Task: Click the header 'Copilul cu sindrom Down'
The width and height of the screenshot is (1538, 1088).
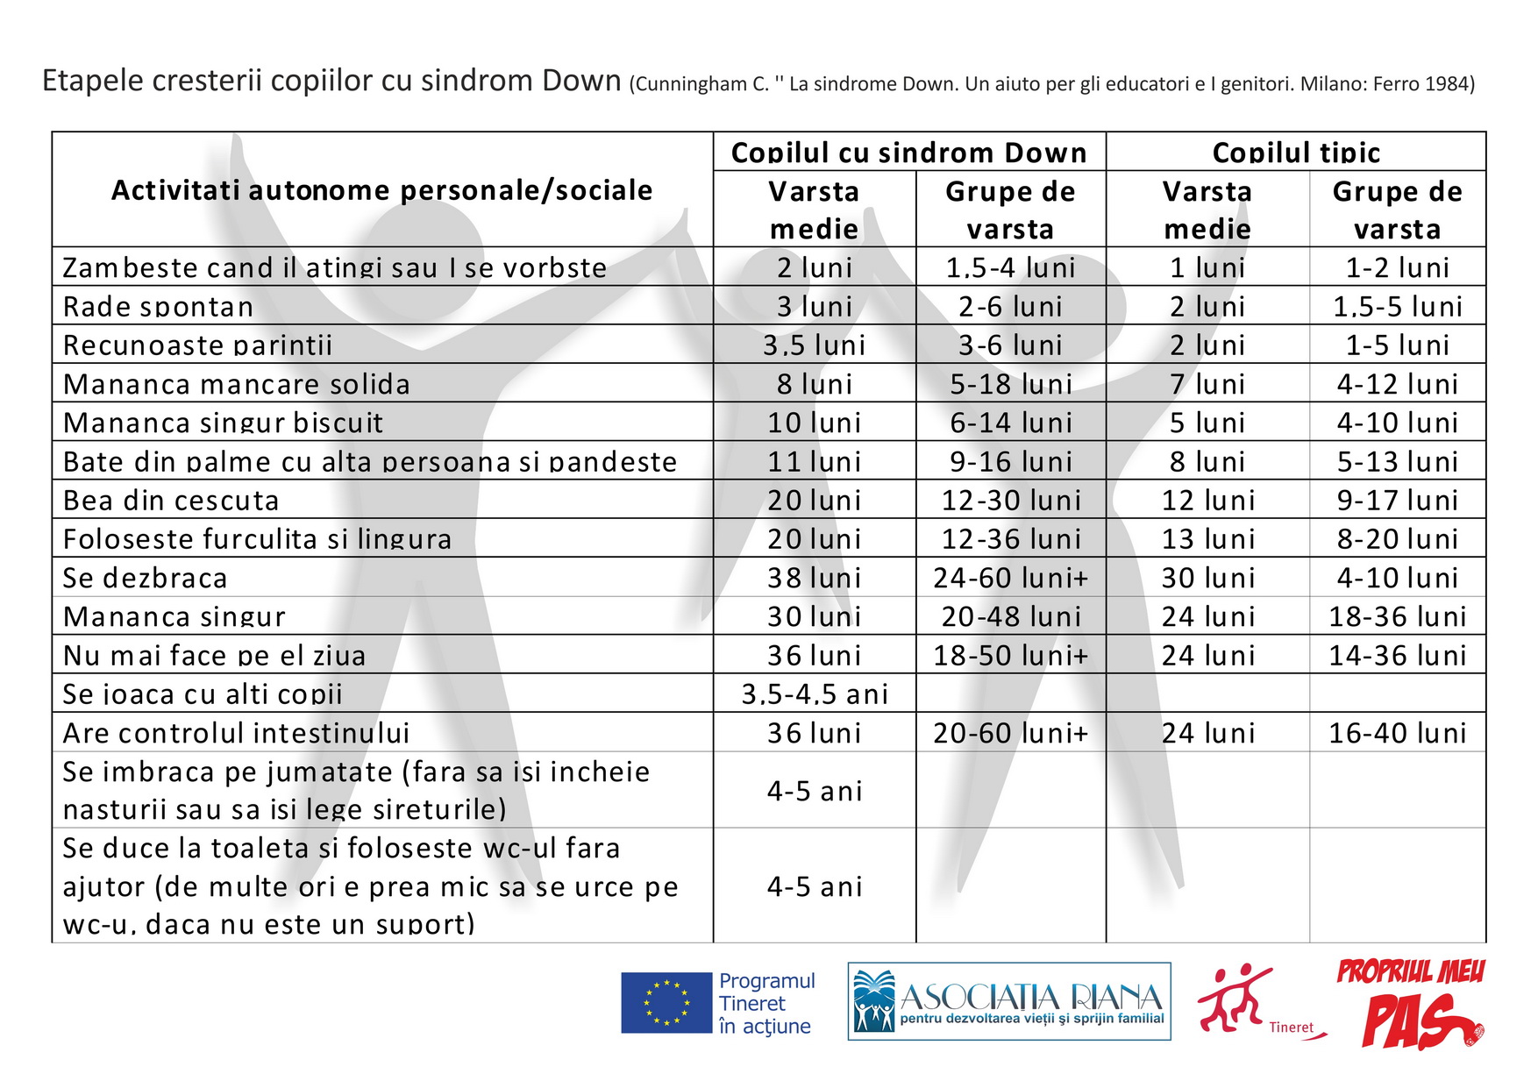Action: [908, 153]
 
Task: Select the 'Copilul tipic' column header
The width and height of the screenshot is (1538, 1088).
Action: [1295, 153]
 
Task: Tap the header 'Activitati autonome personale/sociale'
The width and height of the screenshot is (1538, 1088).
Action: [381, 190]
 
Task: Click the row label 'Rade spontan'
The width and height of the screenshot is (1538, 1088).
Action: [158, 306]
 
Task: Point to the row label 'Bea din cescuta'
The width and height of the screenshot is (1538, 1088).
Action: [171, 500]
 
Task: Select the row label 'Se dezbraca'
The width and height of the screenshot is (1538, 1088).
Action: [145, 578]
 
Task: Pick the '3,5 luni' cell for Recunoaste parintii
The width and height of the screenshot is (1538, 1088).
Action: [814, 345]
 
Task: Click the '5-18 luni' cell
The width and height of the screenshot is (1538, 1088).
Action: [1010, 383]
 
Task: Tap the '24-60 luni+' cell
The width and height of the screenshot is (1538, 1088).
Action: [1010, 578]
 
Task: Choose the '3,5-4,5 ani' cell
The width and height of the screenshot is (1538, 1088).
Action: [814, 693]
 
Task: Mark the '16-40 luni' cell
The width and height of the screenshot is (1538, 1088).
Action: [1397, 732]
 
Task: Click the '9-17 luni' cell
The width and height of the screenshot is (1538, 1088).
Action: [1397, 500]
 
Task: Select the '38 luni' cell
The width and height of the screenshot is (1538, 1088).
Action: [814, 578]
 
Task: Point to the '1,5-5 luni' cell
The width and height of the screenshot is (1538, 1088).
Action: [1397, 306]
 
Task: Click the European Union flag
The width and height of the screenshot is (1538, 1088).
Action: [666, 1002]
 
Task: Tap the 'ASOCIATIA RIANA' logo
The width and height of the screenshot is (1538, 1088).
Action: [1008, 1001]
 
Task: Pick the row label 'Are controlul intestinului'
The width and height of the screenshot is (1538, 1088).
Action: [236, 732]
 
